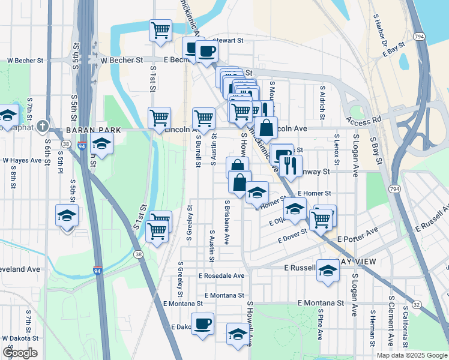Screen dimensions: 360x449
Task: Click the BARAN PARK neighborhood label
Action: click(85, 130)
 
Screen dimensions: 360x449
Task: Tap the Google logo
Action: click(20, 353)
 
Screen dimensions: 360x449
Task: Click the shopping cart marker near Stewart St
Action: click(161, 29)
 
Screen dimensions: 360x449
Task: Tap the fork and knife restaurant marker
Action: click(291, 165)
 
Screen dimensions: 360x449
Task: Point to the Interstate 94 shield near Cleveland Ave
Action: click(97, 271)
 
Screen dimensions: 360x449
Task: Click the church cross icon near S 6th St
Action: click(42, 127)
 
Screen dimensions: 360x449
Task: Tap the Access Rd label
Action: click(364, 121)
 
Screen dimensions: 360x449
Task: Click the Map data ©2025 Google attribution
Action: click(412, 355)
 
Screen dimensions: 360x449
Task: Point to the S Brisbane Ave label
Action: click(227, 222)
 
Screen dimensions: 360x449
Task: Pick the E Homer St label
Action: click(315, 193)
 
